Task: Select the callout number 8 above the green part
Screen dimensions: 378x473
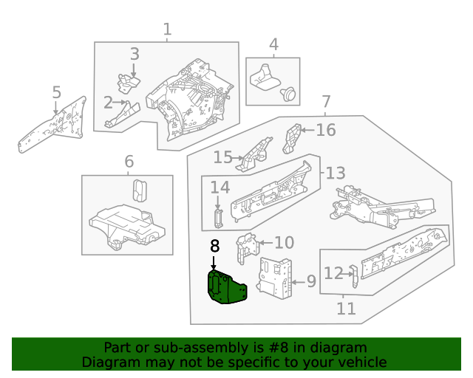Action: [x=214, y=247]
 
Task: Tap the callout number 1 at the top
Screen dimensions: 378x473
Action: [x=167, y=30]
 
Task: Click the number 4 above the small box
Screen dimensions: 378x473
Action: [x=273, y=45]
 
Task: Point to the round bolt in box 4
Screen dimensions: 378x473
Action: [x=290, y=94]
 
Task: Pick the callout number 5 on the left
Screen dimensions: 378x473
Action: [x=56, y=92]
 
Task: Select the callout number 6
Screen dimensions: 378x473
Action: [x=129, y=161]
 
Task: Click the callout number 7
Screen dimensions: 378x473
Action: [x=326, y=102]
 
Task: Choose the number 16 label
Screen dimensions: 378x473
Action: [x=326, y=131]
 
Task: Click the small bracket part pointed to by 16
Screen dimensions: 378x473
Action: [x=293, y=137]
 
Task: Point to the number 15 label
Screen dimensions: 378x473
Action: [x=222, y=157]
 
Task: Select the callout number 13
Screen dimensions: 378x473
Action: [x=335, y=173]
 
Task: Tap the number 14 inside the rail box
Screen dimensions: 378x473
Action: [x=220, y=189]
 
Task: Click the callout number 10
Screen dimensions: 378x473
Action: [x=284, y=243]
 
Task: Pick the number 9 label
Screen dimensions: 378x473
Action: [x=310, y=281]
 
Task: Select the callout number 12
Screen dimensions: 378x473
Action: [x=333, y=274]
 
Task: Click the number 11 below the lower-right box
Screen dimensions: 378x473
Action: [x=345, y=308]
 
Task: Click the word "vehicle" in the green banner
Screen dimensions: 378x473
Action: [x=358, y=362]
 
